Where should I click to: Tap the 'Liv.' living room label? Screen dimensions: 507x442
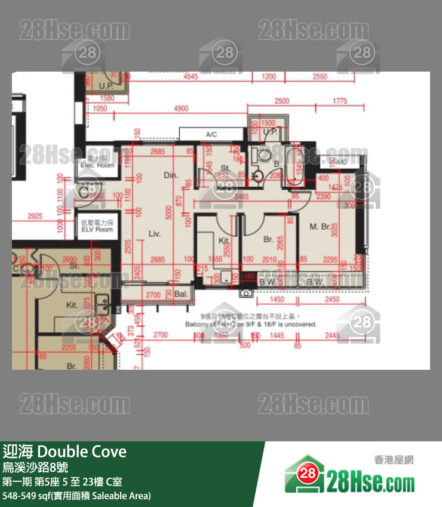[154, 234]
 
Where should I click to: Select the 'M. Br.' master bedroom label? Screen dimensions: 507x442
[321, 227]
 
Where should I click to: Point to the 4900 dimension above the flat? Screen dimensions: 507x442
[180, 109]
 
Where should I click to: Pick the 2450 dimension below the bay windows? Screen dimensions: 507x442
[332, 299]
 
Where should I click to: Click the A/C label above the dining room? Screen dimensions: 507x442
[211, 135]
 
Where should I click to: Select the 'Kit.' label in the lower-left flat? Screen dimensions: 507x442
[72, 305]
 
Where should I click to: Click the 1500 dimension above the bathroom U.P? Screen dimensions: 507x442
[269, 123]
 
